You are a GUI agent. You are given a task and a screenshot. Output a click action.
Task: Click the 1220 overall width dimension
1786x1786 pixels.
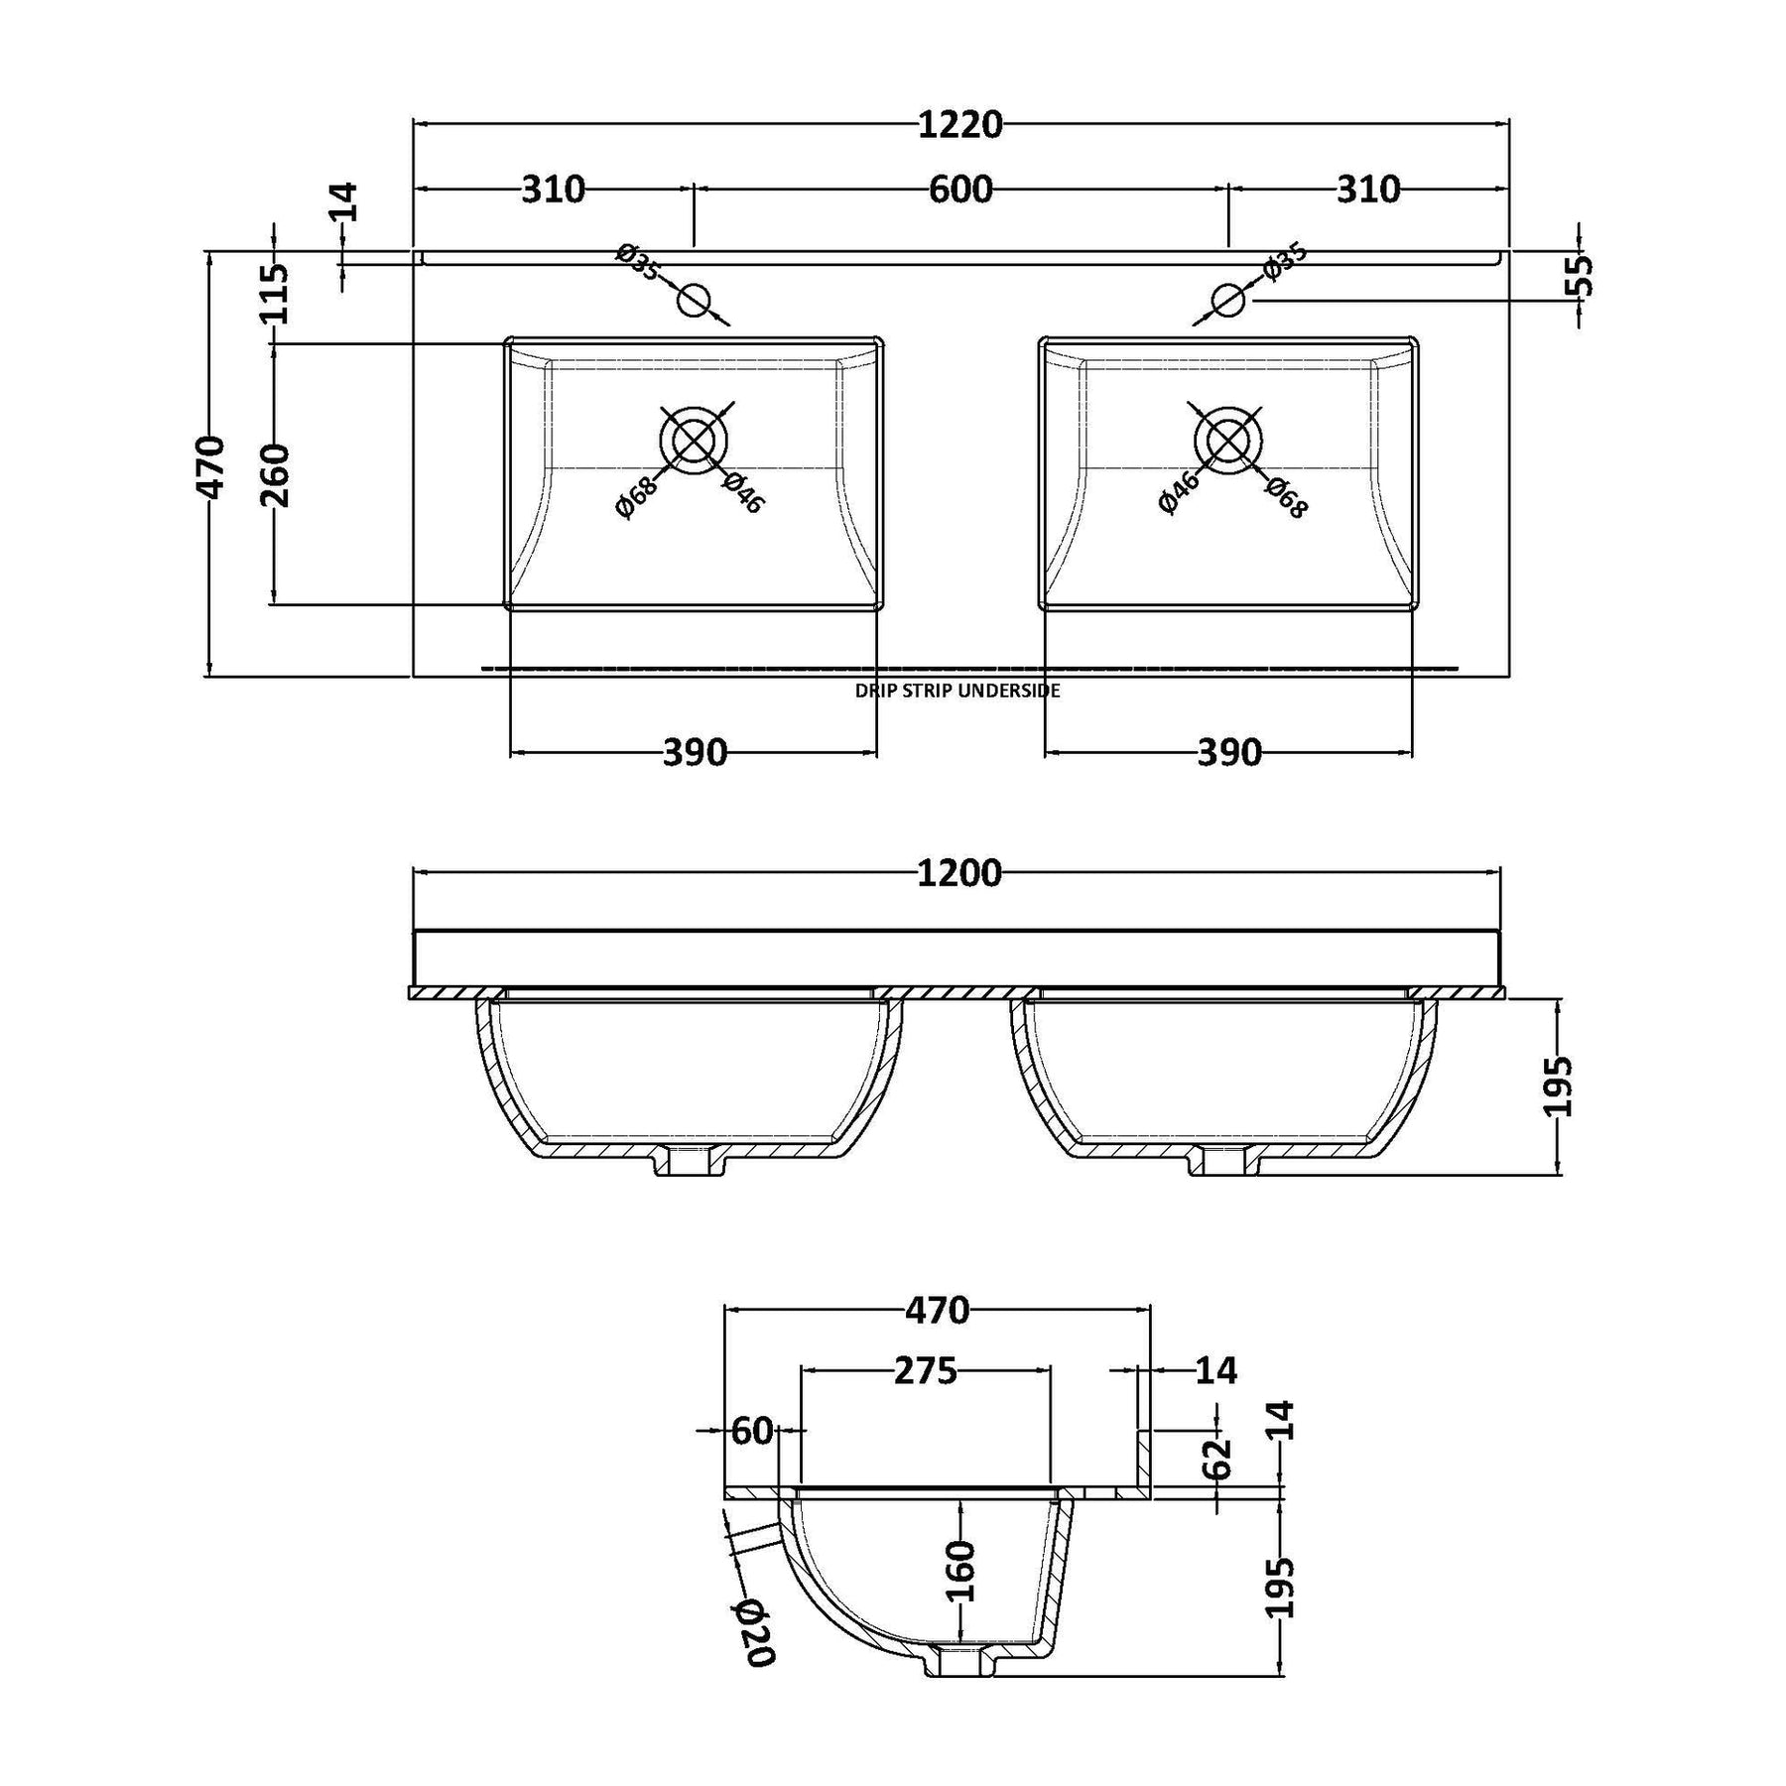[x=960, y=125]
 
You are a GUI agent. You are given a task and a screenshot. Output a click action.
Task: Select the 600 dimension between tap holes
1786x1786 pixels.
[x=960, y=189]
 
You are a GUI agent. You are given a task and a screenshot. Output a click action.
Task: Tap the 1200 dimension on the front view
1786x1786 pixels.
[x=960, y=873]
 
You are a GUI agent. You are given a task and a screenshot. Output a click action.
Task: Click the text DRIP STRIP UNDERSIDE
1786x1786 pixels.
[x=957, y=691]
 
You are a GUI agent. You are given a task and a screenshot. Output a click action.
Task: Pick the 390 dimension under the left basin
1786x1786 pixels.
[x=695, y=753]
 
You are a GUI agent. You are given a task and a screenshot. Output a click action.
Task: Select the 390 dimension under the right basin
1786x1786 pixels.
[x=1229, y=753]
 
